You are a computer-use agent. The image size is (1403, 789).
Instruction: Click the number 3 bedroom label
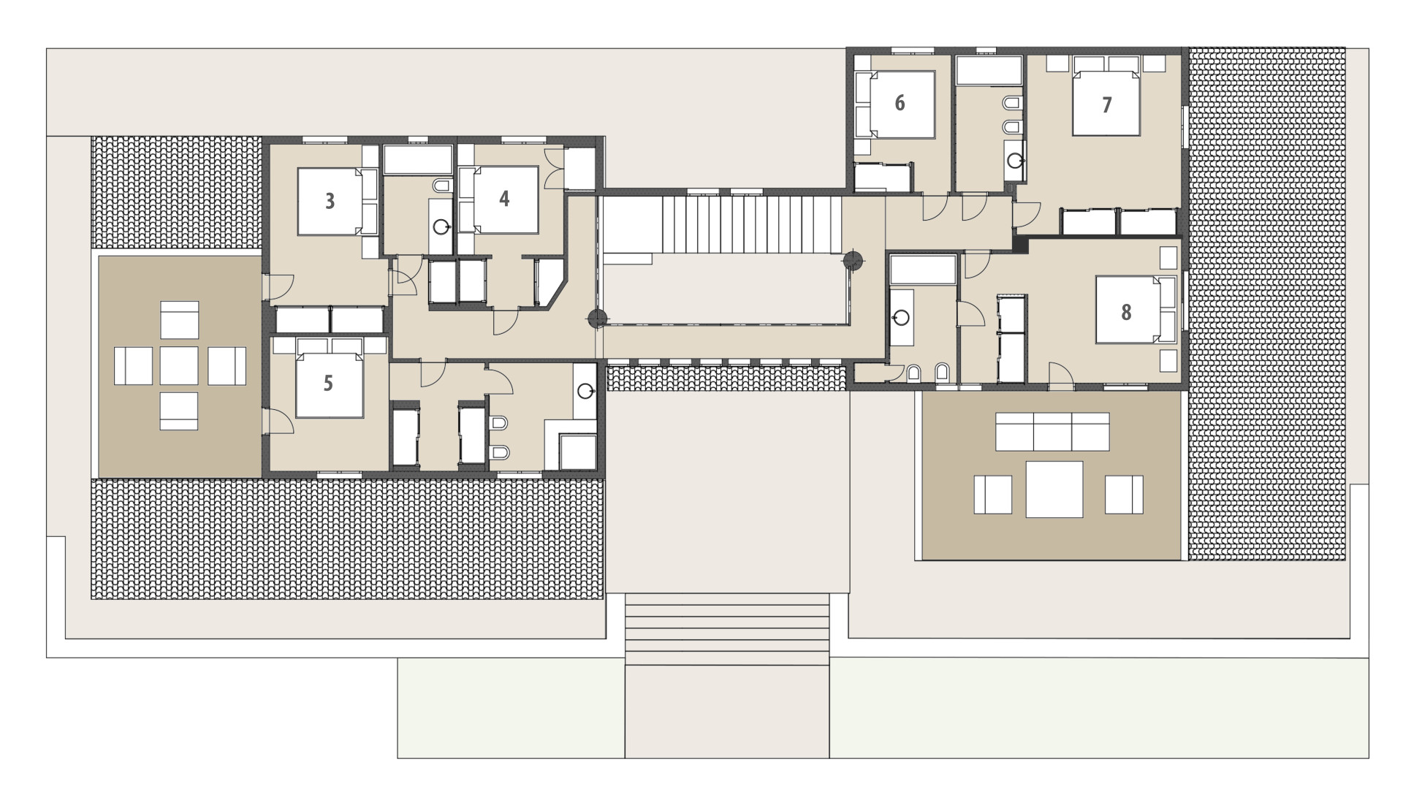pyautogui.click(x=330, y=201)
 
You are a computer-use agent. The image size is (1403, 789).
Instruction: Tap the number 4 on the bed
pyautogui.click(x=504, y=199)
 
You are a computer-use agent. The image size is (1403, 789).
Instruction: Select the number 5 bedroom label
pyautogui.click(x=328, y=383)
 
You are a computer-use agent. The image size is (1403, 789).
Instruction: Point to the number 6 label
pyautogui.click(x=900, y=103)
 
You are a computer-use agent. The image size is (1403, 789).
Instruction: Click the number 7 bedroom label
pyautogui.click(x=1107, y=105)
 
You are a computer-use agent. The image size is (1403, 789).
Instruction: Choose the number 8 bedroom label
pyautogui.click(x=1126, y=313)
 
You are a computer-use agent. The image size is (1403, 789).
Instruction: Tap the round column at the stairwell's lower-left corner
pyautogui.click(x=598, y=318)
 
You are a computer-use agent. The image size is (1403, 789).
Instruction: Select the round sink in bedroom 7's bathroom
pyautogui.click(x=1015, y=161)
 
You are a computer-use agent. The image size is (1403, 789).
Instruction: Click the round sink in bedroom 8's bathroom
pyautogui.click(x=902, y=318)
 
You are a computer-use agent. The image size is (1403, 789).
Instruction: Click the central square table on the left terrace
pyautogui.click(x=179, y=365)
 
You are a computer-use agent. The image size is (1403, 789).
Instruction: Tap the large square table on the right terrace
pyautogui.click(x=1054, y=489)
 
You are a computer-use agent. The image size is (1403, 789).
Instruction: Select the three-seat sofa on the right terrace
pyautogui.click(x=1052, y=432)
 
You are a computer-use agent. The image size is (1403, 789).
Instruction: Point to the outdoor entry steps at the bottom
pyautogui.click(x=727, y=629)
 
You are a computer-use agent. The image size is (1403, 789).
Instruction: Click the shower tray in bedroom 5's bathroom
pyautogui.click(x=577, y=451)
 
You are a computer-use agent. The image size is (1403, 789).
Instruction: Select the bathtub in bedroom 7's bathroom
pyautogui.click(x=989, y=70)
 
